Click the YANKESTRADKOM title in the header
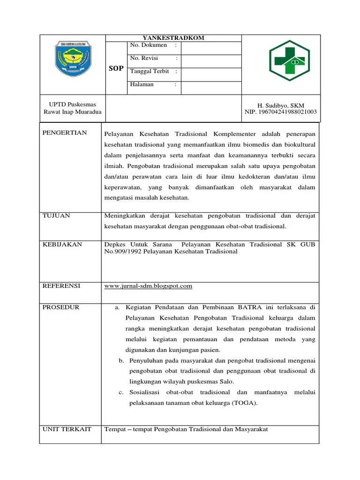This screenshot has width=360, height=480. coord(173,38)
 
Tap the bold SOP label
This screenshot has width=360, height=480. coord(116,68)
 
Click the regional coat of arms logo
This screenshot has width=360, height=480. coord(73,60)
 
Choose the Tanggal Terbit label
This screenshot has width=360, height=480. coord(150,72)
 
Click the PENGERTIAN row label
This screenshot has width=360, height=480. coord(65,133)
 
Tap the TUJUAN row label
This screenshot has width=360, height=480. coord(56,216)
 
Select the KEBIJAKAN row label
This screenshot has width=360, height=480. coord(62,245)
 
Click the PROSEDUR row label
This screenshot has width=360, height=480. coord(61,307)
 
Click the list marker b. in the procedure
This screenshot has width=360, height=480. coord(121,360)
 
